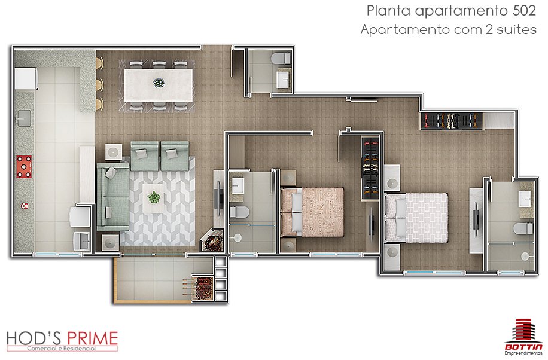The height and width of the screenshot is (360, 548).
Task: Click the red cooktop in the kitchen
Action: (x=24, y=167)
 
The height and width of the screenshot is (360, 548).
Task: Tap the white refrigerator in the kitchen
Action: (x=26, y=79)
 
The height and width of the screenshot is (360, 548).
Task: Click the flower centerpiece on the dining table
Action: (x=159, y=83)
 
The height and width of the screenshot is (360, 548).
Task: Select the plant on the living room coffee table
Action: (x=153, y=197)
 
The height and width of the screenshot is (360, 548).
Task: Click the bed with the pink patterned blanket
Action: (x=312, y=212)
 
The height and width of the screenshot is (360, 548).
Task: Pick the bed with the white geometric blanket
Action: (x=416, y=218)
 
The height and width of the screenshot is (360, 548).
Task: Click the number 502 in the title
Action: (x=524, y=11)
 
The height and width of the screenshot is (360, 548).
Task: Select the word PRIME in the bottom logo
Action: (x=92, y=338)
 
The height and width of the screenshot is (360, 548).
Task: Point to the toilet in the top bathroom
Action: (x=281, y=58)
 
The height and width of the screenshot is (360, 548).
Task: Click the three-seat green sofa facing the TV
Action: (x=113, y=197)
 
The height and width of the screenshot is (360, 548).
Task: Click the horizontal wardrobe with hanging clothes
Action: (x=451, y=121)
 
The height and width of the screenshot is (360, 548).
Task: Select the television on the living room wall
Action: (x=220, y=198)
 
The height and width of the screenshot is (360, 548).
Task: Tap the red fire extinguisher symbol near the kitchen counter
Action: (x=25, y=206)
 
